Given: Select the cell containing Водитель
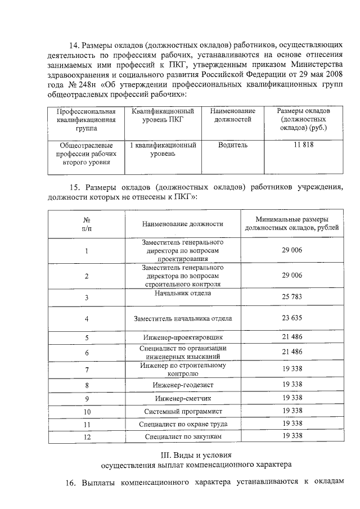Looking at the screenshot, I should [232, 145].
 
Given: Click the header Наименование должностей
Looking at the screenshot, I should [232, 115].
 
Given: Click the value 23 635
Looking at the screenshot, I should [292, 318].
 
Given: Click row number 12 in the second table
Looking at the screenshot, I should [87, 437].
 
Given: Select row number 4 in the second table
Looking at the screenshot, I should [87, 318].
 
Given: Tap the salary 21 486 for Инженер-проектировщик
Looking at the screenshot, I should [292, 338].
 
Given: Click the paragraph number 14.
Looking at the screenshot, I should [74, 46].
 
